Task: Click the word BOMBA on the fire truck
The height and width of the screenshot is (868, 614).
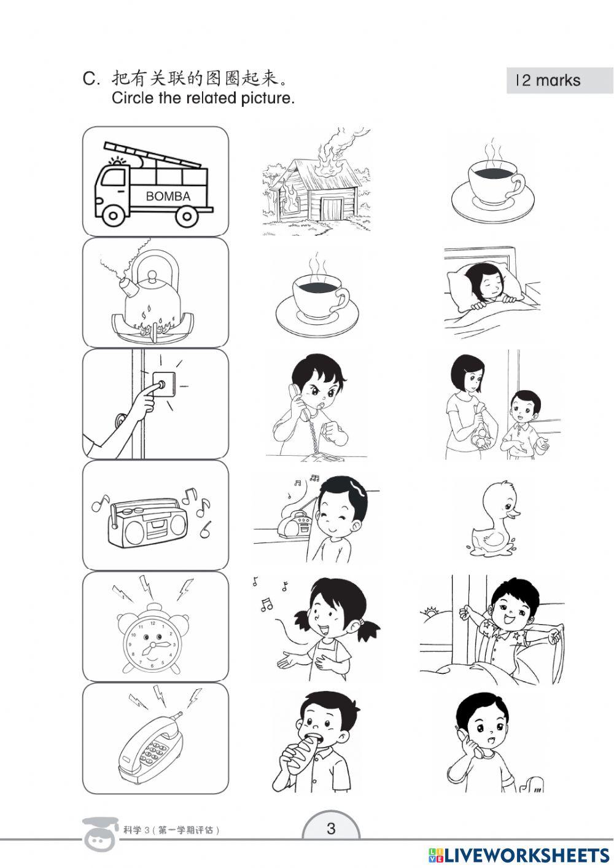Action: (168, 197)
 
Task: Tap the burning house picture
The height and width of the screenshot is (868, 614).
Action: (315, 184)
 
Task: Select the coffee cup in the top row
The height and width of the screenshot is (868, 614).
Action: (493, 184)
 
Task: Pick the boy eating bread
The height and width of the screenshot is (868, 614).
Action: (315, 743)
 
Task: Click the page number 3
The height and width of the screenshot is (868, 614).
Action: (331, 829)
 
